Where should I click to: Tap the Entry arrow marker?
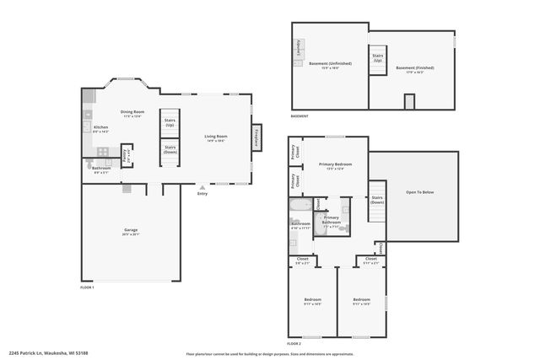[202, 187]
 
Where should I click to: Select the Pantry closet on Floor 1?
[126, 156]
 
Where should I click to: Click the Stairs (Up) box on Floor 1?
[170, 122]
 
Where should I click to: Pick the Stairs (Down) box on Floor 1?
[170, 151]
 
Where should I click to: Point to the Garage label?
[132, 231]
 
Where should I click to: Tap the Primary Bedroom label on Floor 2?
[335, 164]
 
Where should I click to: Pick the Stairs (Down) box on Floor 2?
[377, 201]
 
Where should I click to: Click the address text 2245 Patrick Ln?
[42, 352]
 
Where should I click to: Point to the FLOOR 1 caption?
[88, 288]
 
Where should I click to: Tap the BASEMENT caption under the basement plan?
[300, 116]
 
